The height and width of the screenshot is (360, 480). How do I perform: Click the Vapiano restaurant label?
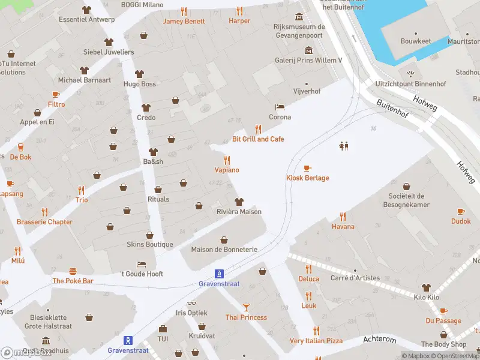coord(227,170)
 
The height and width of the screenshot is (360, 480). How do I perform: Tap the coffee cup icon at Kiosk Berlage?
coord(307,168)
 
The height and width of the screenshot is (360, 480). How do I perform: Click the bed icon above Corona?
coord(280,107)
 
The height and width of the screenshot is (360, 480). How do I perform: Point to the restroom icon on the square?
coord(344,146)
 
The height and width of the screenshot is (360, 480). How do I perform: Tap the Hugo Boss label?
coord(140,84)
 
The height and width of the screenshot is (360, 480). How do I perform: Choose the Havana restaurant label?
coord(343,227)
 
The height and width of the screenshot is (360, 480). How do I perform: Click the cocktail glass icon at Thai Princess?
coord(246,307)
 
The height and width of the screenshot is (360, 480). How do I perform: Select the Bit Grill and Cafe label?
coord(258,139)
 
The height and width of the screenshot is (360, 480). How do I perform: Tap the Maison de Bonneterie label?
coord(224,250)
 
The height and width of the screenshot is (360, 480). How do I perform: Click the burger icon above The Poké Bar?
coord(73,271)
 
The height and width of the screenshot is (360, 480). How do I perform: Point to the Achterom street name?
coord(380,340)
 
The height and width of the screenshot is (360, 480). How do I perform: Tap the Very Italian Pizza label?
coord(316,341)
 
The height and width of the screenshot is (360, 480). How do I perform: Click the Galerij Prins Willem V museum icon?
coord(308,50)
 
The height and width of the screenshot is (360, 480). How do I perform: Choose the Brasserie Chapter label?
coord(44,222)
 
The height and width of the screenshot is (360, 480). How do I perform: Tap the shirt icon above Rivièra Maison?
coord(239,202)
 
